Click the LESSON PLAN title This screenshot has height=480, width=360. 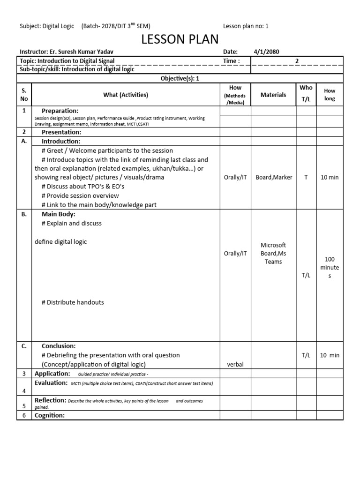[180, 40]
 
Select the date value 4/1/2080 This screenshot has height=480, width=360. [266, 52]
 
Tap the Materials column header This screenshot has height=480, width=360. [273, 95]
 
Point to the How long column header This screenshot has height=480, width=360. [330, 95]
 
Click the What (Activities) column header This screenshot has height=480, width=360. [126, 95]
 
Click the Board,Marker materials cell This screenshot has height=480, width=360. [273, 177]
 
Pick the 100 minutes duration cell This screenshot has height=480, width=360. [330, 268]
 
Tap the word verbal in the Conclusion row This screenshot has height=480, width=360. [235, 365]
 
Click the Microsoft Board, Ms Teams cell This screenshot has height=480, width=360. [273, 254]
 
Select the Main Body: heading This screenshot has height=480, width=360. [59, 214]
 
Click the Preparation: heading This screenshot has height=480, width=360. [60, 111]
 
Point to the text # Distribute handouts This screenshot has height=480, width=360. [73, 302]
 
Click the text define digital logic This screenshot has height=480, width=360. [61, 242]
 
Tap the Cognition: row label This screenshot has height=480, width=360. [50, 415]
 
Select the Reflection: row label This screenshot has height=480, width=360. [51, 400]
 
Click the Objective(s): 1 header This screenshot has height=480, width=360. [180, 79]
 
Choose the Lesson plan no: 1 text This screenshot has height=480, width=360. [246, 26]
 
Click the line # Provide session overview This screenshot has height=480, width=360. [80, 195]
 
